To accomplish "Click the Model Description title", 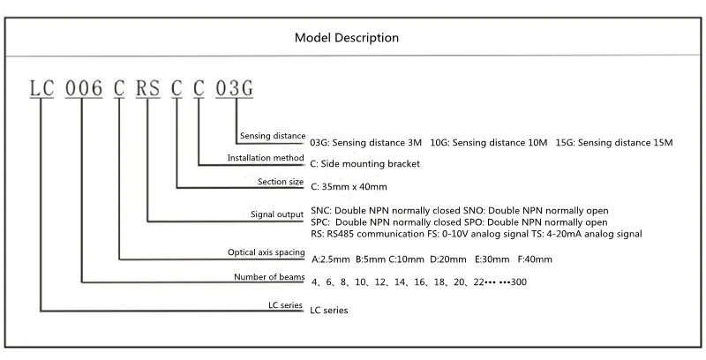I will (347, 38).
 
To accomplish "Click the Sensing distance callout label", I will (272, 136).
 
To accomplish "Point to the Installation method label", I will (266, 158).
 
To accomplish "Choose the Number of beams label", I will (269, 277).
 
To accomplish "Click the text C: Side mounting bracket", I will (365, 163).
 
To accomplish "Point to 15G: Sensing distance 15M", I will (615, 141).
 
